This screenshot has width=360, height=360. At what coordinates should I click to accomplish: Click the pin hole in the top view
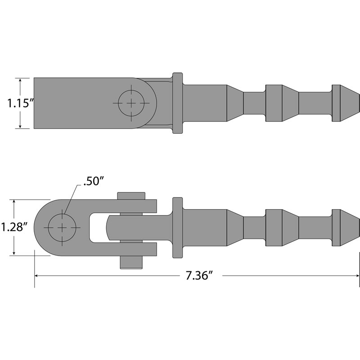131,103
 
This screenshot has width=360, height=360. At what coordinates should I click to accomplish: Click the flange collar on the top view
178,103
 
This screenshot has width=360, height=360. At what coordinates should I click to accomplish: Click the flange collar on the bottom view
178,228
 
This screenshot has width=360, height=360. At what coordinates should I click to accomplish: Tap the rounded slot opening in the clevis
97,227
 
